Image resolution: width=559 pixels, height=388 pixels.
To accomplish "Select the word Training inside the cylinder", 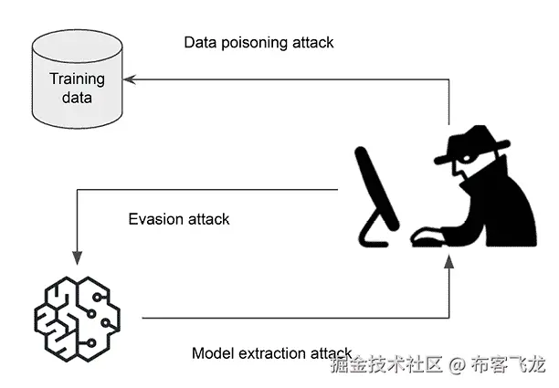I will coord(77,79).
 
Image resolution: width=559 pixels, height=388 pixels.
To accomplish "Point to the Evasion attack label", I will coord(179,219).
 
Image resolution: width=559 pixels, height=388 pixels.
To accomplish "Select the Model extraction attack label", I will coord(272,352).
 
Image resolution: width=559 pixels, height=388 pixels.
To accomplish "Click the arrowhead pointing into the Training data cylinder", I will coord(129,79).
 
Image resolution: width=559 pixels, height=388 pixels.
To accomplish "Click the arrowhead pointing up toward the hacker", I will coord(449,264).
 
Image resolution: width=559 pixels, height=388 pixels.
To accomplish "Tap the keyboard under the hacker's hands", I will coord(428,239).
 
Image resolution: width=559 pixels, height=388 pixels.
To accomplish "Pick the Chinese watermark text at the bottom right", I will coord(438,366).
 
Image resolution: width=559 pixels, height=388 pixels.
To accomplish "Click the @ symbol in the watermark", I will coord(457,366).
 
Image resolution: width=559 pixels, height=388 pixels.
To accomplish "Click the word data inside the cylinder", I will coord(78,97).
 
